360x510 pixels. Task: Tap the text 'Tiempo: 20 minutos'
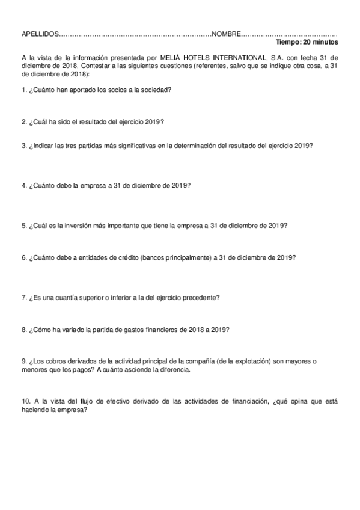click(307, 43)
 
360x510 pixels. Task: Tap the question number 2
click(23, 121)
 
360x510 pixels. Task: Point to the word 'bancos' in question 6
click(148, 257)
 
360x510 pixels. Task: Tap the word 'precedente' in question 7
click(200, 297)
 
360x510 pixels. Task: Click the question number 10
click(25, 401)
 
